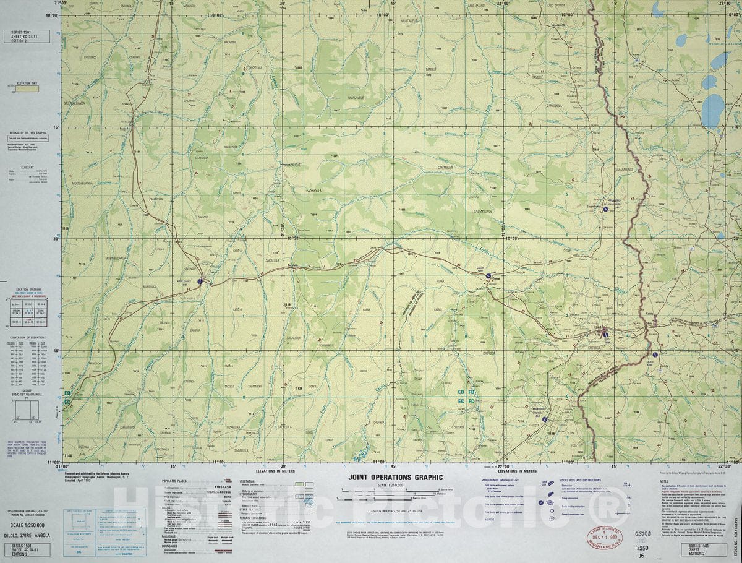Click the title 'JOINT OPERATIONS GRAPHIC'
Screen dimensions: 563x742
coord(396,477)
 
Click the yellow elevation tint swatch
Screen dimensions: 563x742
coord(27,88)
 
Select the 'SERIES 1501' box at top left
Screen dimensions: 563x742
coord(25,35)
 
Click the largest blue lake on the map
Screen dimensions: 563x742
coord(714,110)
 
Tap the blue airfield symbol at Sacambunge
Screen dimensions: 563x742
coord(606,209)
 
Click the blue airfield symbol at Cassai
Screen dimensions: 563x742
coord(487,278)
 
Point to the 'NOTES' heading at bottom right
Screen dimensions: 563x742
coord(664,481)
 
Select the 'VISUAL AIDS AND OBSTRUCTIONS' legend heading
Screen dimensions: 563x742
coord(580,480)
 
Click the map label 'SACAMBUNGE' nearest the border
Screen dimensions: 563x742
coord(625,169)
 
